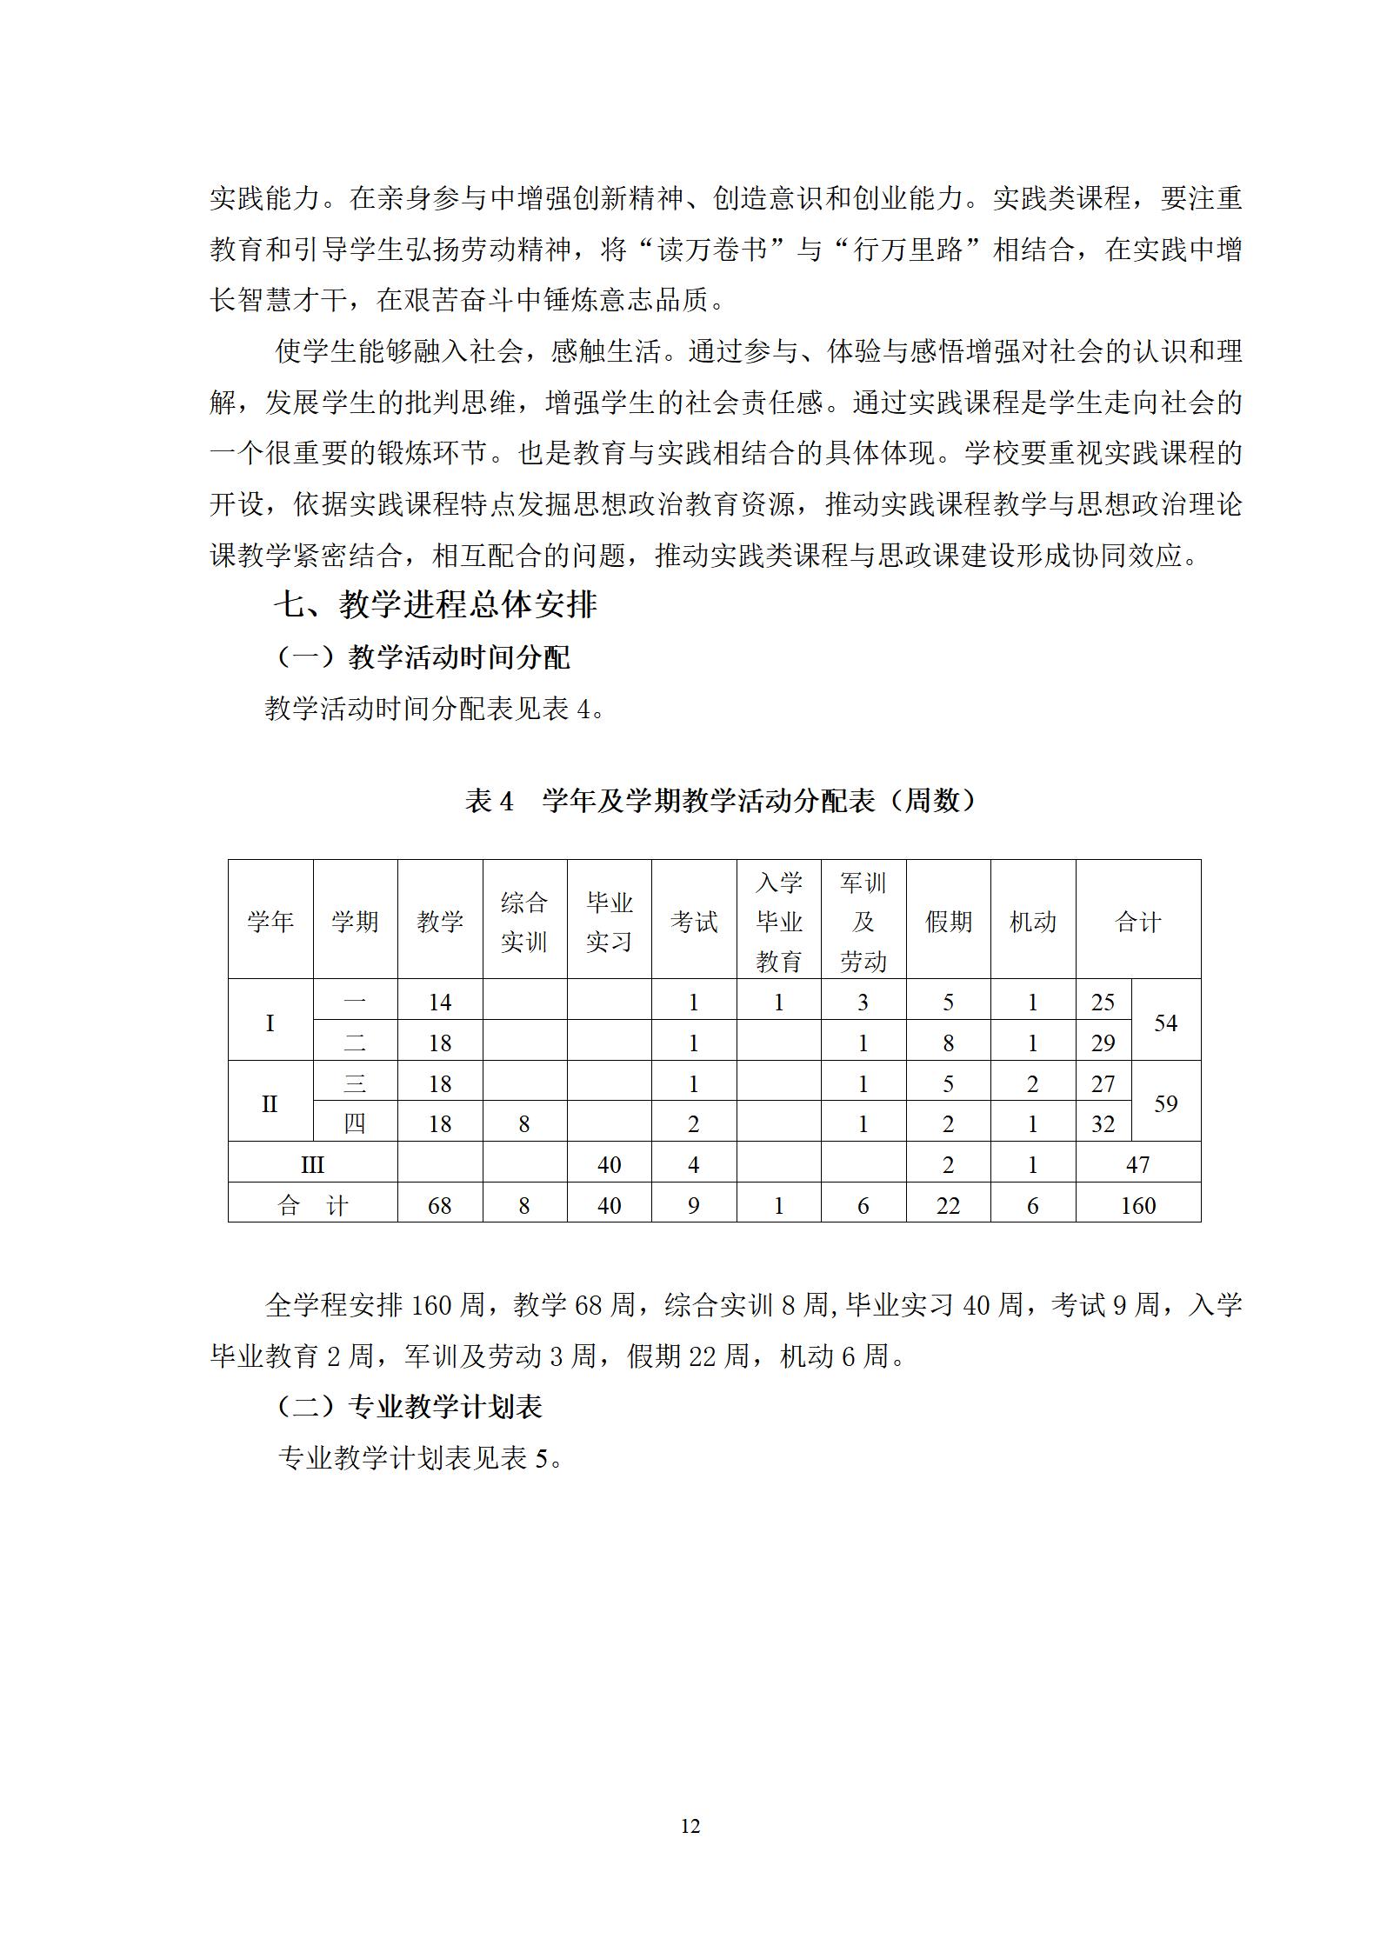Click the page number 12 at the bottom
[690, 1826]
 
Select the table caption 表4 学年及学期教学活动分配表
[721, 800]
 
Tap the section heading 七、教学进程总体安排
[436, 604]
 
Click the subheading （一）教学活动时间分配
[423, 657]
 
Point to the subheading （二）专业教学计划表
[409, 1407]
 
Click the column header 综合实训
[524, 922]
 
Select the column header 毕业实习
[609, 922]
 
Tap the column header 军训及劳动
[863, 922]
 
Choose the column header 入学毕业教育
[778, 922]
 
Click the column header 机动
[1032, 922]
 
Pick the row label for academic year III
[312, 1165]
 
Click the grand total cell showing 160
[1137, 1205]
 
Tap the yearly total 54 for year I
[1165, 1023]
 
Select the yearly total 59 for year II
[1165, 1103]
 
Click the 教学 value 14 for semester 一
[440, 1003]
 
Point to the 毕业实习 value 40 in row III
[609, 1165]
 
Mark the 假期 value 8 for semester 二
[948, 1043]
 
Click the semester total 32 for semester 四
[1103, 1124]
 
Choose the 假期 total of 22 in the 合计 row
[948, 1205]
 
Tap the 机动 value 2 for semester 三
[1032, 1084]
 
